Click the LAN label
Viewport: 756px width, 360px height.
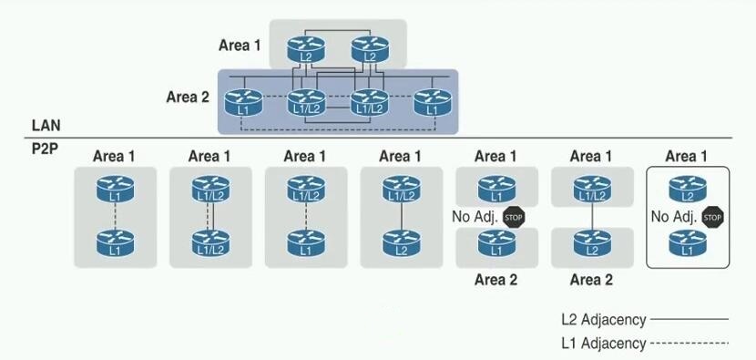click(x=46, y=126)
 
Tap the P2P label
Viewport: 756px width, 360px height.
click(x=45, y=149)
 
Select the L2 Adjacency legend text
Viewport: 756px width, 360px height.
click(x=603, y=320)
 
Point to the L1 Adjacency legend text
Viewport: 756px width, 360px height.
click(x=603, y=343)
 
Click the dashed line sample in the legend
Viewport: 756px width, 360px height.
click(x=690, y=344)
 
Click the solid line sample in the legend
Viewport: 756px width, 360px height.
click(x=690, y=319)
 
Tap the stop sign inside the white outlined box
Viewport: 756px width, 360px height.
click(x=712, y=217)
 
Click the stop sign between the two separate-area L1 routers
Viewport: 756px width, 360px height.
click(x=514, y=217)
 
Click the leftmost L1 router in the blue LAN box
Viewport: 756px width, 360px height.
click(x=243, y=102)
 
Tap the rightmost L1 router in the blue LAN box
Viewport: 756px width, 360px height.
click(x=433, y=102)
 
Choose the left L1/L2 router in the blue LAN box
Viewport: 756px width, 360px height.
click(x=307, y=102)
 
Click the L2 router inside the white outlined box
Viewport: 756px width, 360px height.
click(x=688, y=189)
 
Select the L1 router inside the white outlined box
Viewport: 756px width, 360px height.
click(x=688, y=243)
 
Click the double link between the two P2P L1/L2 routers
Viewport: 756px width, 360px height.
click(x=210, y=216)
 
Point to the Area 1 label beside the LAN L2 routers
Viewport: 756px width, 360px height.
click(x=240, y=46)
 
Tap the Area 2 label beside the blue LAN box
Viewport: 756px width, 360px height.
click(x=188, y=97)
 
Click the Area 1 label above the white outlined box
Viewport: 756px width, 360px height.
click(x=687, y=157)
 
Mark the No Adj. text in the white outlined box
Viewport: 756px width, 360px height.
click(x=673, y=217)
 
